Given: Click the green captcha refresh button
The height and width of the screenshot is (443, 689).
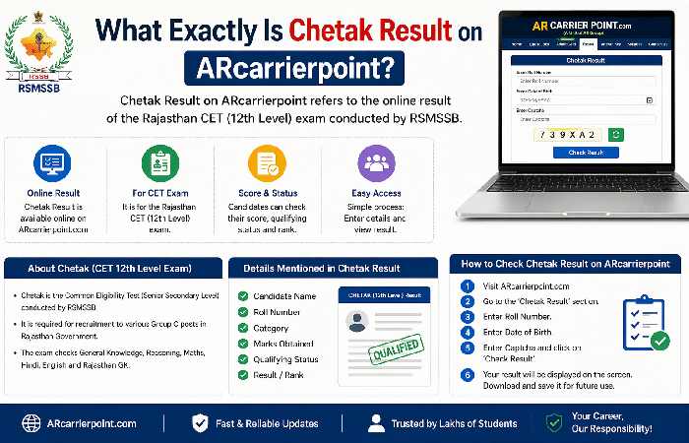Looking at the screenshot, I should [x=616, y=134].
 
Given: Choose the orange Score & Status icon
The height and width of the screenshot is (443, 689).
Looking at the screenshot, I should [x=265, y=162].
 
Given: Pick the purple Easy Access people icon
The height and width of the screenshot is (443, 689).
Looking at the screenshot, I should [x=373, y=162].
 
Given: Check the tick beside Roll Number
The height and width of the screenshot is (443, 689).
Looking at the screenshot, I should [x=244, y=313].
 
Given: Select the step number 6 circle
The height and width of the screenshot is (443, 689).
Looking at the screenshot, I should [x=467, y=375].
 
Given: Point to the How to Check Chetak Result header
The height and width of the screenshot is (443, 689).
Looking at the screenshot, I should [x=565, y=264].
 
